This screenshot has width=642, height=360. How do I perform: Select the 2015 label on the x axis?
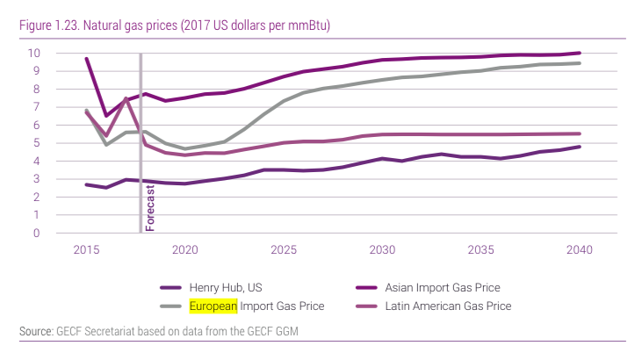[85, 250]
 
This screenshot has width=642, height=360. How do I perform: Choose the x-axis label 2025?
[284, 250]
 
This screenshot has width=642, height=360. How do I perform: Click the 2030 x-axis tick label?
[382, 250]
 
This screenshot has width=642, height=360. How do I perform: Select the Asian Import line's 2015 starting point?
[86, 59]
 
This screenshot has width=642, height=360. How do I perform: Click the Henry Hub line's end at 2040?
[580, 147]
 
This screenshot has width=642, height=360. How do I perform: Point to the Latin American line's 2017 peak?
[126, 98]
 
